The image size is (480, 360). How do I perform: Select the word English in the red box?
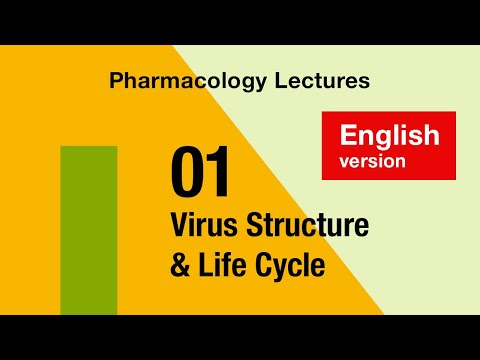coord(389,135)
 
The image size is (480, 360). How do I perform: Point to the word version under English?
coord(372,160)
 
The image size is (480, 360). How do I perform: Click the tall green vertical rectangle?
coord(89,230)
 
